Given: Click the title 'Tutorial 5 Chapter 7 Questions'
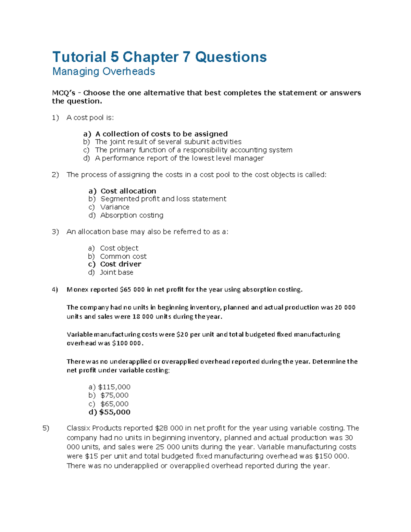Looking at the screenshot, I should click(159, 57).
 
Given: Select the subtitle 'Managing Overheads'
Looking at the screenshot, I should click(103, 72).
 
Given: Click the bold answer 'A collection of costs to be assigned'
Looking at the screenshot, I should click(161, 134).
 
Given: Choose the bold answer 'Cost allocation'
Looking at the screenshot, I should click(128, 191).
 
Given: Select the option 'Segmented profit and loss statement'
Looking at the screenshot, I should click(163, 199).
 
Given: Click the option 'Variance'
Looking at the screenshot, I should click(115, 207).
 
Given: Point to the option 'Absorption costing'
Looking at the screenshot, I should click(132, 215).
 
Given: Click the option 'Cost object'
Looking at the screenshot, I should click(119, 248).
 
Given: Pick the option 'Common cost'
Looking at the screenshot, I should click(123, 256).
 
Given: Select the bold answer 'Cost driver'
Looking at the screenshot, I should click(121, 264).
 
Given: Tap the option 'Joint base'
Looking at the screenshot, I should click(116, 272).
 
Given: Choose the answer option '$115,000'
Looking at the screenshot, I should click(114, 387).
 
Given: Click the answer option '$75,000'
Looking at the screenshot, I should click(114, 395).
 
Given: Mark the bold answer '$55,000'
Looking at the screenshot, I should click(114, 412).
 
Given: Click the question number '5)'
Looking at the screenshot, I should click(46, 428).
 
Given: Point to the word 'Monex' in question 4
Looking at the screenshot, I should click(78, 290).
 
